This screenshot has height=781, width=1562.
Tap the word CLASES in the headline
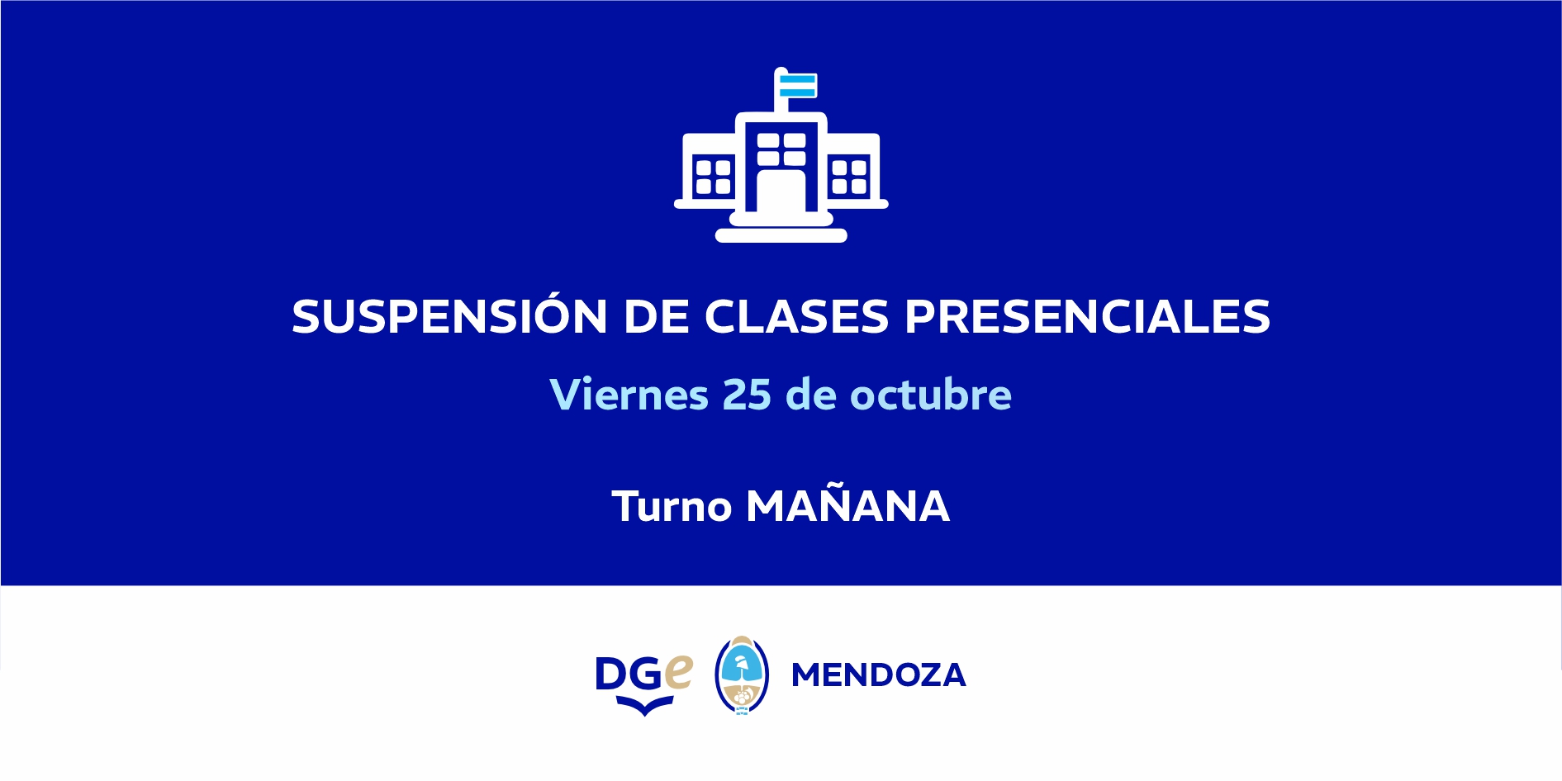[x=796, y=316]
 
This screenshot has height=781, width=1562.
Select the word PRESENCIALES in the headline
[x=1088, y=316]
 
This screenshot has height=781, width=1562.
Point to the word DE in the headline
[x=657, y=316]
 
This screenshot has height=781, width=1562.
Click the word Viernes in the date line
[x=629, y=394]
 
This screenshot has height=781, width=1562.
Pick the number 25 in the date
[x=747, y=395]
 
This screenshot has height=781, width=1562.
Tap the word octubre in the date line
[x=931, y=394]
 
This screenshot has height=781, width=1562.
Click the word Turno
[x=672, y=506]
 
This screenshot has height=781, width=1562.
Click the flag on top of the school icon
[x=797, y=85]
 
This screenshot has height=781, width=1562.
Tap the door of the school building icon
[x=781, y=192]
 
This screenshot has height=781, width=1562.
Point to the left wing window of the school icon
[x=713, y=176]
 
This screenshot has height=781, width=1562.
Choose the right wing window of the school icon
[x=849, y=176]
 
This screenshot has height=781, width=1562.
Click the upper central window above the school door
[x=781, y=148]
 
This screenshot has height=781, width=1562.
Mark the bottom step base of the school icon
[x=781, y=235]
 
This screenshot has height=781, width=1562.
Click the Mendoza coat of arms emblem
[x=742, y=674]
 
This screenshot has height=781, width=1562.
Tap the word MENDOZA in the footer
[x=879, y=675]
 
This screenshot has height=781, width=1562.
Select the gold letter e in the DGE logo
[x=678, y=672]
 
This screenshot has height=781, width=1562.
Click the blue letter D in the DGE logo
[x=612, y=674]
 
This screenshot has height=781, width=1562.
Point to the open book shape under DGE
[x=644, y=706]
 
